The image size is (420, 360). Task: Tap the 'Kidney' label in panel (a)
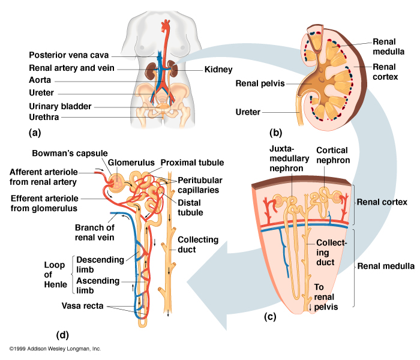[218, 70]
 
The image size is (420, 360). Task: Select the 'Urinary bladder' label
[60, 106]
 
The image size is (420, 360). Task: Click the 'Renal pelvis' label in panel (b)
[260, 83]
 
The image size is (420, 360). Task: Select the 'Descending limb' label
[100, 264]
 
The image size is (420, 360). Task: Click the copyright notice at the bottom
[55, 349]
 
